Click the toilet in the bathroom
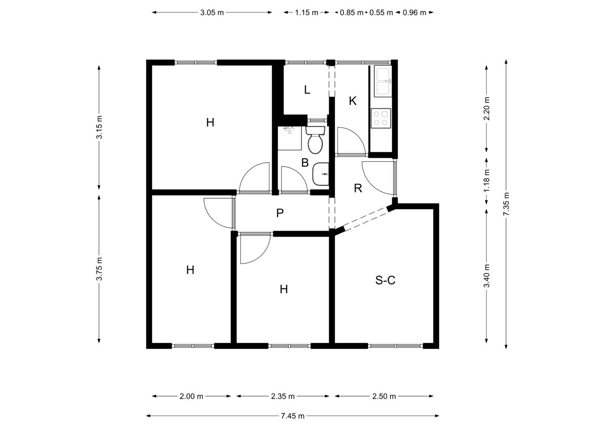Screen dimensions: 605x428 pos(315,140)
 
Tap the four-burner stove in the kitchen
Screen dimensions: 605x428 pos(381,118)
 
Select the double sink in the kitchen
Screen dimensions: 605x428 pos(383,81)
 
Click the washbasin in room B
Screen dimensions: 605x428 pos(321,174)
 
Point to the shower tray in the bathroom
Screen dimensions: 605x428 pos(290,138)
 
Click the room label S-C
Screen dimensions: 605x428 pos(385,280)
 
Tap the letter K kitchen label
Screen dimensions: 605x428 pos(352,101)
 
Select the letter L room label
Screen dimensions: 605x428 pos(307,90)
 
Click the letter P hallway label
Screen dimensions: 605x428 pos(280,213)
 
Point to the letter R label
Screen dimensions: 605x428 pos(358,188)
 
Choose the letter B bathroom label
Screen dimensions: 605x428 pos(305,163)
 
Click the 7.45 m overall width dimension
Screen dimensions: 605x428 pos(292,416)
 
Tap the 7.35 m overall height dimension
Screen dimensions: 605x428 pos(506,204)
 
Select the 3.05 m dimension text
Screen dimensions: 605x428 pos(212,13)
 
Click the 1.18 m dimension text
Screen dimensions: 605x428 pos(487,180)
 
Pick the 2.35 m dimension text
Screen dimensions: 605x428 pos(283,396)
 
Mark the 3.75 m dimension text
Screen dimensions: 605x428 pos(99,269)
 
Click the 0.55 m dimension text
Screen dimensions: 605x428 pos(381,13)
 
